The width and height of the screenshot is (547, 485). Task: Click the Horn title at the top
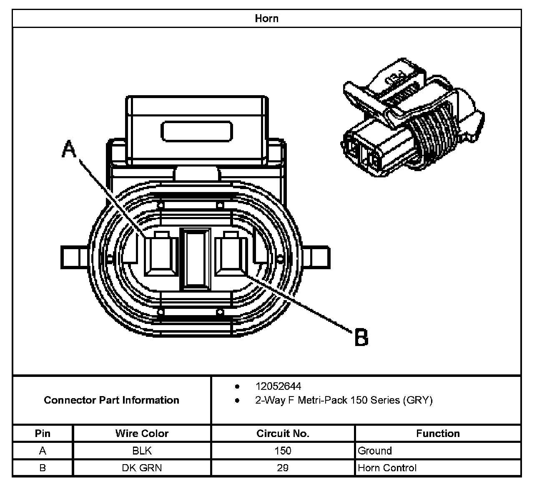266,19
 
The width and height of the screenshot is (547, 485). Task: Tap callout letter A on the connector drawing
69,149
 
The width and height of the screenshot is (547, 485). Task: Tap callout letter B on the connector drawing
361,337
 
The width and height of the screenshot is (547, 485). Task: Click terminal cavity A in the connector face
161,254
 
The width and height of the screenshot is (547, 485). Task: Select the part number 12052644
278,386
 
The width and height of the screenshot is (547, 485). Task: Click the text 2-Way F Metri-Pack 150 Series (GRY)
344,400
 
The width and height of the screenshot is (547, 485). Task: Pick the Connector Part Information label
111,400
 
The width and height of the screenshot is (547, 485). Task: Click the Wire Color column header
142,434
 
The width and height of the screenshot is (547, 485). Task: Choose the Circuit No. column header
283,434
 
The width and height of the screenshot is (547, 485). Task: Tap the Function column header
438,434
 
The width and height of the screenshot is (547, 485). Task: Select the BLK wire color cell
142,451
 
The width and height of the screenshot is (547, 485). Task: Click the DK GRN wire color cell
142,468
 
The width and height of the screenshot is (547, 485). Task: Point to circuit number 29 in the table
283,468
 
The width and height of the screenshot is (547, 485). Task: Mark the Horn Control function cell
387,468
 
